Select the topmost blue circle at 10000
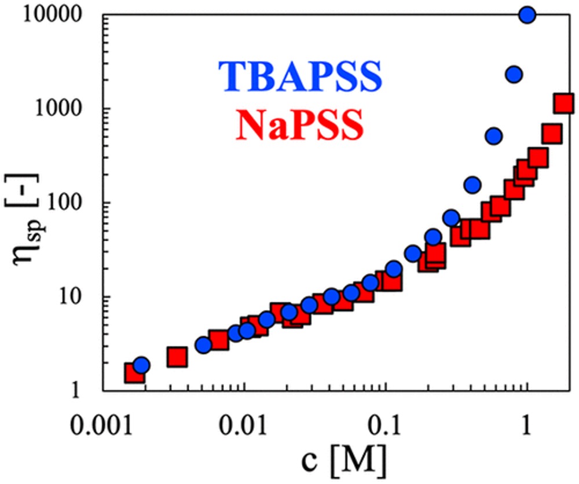(x=527, y=15)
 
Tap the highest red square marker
(x=563, y=104)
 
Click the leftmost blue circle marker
(x=141, y=365)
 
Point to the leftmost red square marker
(x=134, y=373)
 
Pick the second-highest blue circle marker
(x=514, y=74)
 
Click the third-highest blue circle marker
(x=493, y=136)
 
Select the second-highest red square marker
(x=552, y=134)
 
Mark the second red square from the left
(x=177, y=358)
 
